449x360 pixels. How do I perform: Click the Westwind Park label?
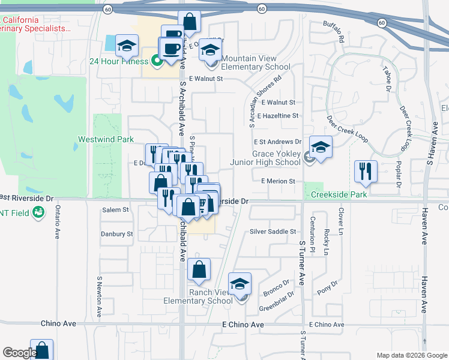click(x=105, y=139)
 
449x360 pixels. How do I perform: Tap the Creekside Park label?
click(x=339, y=194)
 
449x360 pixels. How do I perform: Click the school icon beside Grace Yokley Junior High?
click(x=321, y=148)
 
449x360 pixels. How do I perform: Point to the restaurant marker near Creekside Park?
click(x=366, y=172)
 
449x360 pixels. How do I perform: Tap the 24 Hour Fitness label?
click(x=118, y=61)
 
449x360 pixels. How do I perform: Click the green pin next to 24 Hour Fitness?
click(x=156, y=61)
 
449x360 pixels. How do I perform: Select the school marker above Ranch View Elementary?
click(x=240, y=284)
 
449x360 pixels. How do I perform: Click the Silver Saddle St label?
click(x=273, y=231)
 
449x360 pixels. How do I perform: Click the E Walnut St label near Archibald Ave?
click(x=205, y=79)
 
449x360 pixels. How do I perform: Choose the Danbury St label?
click(x=116, y=234)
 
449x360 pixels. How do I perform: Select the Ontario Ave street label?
click(x=58, y=222)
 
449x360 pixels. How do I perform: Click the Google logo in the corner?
click(x=19, y=353)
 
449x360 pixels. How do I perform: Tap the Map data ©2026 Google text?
click(x=412, y=355)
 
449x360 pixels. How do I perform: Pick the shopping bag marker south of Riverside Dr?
click(x=199, y=270)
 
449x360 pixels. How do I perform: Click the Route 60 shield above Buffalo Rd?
click(x=262, y=9)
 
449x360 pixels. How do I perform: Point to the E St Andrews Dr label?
click(x=277, y=142)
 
